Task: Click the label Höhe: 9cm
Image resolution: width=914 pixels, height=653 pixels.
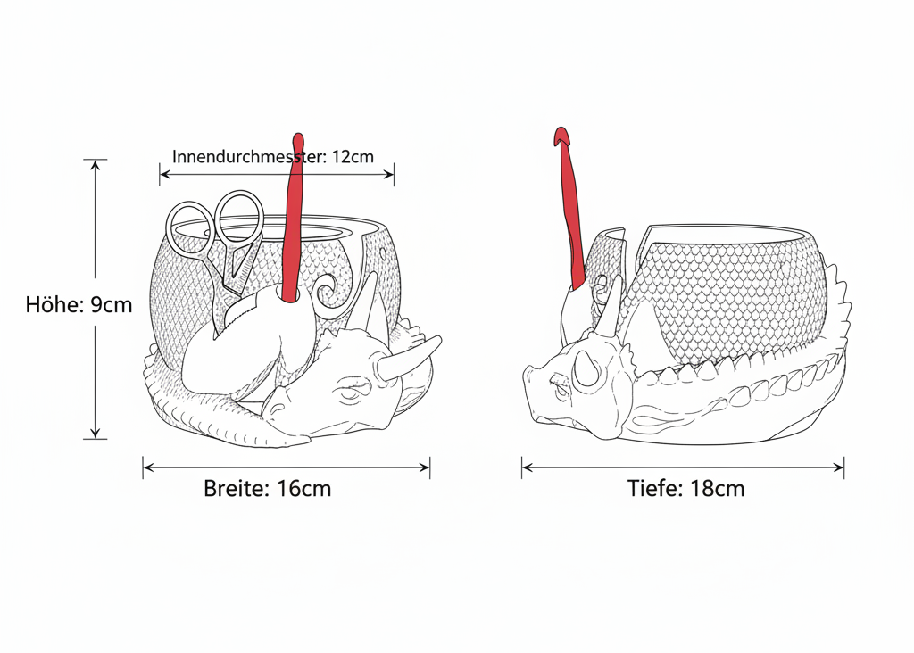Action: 79,305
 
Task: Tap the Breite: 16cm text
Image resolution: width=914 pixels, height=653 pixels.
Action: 268,489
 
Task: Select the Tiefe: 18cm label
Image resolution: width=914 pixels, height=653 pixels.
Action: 685,489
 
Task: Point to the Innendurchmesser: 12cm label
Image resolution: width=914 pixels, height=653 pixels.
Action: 273,156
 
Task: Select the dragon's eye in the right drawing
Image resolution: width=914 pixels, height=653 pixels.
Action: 561,384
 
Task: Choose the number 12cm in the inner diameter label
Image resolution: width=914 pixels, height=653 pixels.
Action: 353,156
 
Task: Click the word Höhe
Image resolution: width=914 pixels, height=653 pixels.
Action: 54,305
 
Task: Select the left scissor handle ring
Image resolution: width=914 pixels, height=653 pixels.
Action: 190,228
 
